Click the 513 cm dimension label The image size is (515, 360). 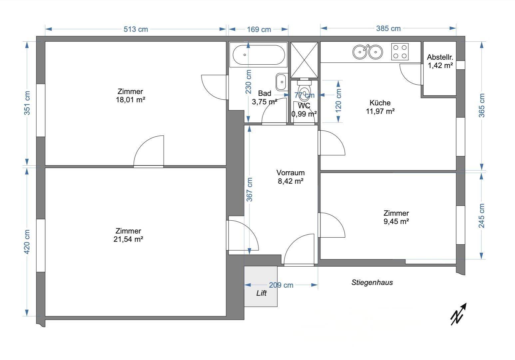pos(136,29)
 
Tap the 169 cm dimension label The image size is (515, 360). pos(259,30)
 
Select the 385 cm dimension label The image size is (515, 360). pos(388,29)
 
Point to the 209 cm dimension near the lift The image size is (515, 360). pos(281,285)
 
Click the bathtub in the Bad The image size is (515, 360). pos(258,55)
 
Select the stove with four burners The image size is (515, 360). pos(400,52)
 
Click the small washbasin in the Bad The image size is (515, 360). pos(281,82)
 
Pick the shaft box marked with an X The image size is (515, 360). pos(304,60)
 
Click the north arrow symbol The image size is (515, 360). pos(458,314)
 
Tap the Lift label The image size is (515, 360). pos(261,293)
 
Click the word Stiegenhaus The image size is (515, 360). pos(372,282)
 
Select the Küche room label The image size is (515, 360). pos(380,103)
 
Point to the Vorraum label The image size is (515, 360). pos(290,173)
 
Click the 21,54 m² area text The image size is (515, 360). pos(128,239)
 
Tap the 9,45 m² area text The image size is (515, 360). pos(396,221)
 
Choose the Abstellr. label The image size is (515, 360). pos(440,57)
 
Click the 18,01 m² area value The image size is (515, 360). pos(130,100)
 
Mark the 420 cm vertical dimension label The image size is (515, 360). pos(27,242)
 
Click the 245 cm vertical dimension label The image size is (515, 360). pos(481,216)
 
